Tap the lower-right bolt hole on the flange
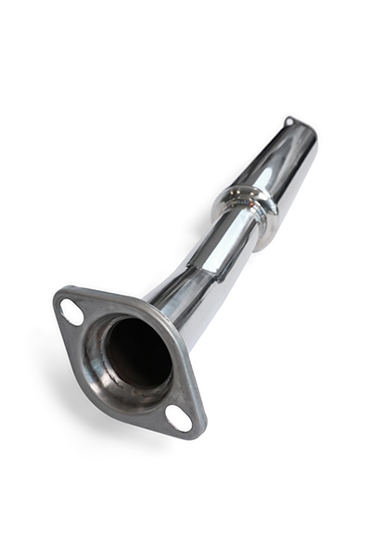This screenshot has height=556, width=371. (179, 418)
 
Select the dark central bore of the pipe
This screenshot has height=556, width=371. (136, 352)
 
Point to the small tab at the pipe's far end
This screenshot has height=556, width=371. (289, 121)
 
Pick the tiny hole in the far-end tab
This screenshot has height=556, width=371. (289, 120)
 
